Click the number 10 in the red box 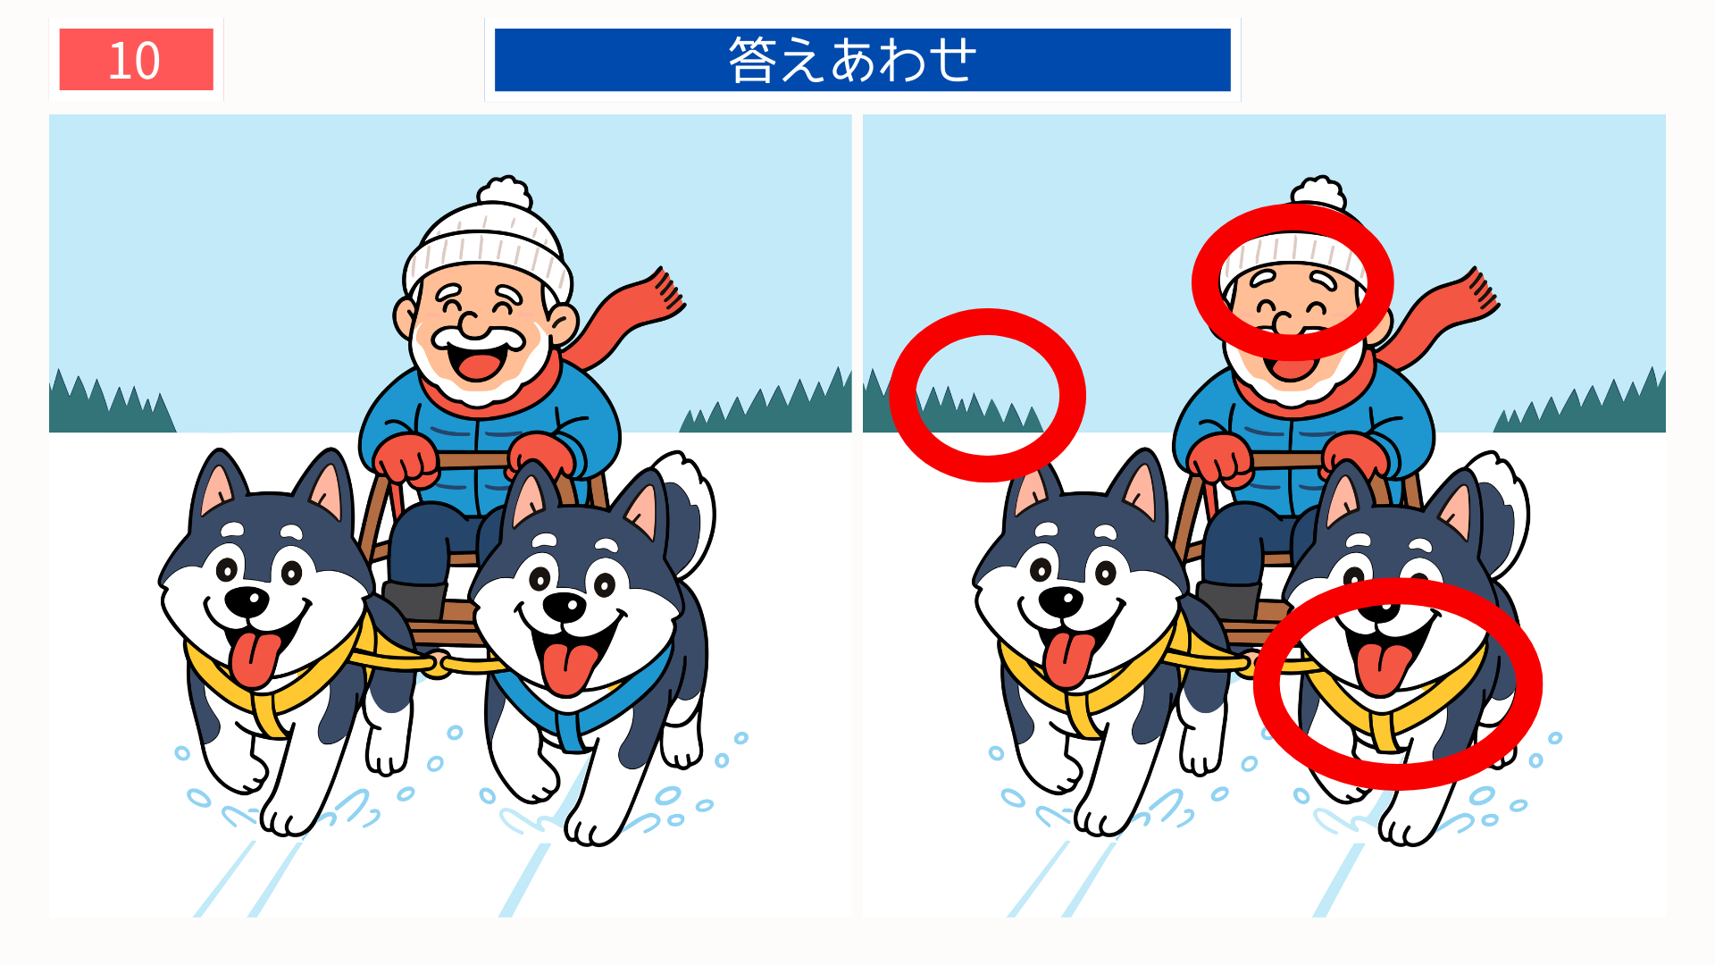(135, 60)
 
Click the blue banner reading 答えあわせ (862, 60)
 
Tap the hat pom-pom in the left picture (505, 192)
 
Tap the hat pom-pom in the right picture (1318, 191)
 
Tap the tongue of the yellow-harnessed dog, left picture (255, 657)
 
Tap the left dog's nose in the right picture (1060, 601)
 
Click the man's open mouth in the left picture (477, 362)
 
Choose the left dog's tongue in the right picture (1068, 657)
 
